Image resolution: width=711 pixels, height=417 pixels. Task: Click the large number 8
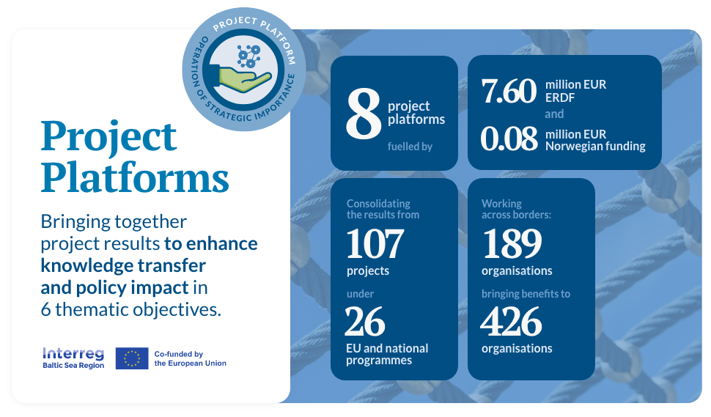(364, 114)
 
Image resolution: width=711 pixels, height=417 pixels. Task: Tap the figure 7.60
(509, 91)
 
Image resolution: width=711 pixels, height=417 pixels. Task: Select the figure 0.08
(509, 139)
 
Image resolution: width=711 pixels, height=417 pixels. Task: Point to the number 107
(375, 243)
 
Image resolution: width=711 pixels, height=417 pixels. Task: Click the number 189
(512, 243)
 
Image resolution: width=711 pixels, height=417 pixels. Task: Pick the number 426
(511, 322)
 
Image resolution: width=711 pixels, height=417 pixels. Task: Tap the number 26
(365, 322)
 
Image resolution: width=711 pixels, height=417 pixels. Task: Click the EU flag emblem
(132, 358)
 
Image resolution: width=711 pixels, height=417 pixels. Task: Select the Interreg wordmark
(73, 353)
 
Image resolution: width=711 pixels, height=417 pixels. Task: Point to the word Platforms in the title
(135, 177)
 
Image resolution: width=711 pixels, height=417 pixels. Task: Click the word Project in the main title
(108, 137)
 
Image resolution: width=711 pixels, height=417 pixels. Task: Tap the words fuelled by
(410, 147)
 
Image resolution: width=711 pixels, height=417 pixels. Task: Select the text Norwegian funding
(595, 146)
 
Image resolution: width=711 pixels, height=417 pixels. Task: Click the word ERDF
(560, 97)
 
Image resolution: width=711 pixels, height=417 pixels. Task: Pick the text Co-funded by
(179, 354)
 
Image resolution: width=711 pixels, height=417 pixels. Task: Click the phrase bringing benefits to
(526, 294)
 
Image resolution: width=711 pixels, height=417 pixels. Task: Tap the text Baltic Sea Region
(73, 365)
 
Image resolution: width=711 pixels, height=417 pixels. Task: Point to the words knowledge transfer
(123, 265)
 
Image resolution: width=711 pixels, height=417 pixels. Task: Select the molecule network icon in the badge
(249, 56)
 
